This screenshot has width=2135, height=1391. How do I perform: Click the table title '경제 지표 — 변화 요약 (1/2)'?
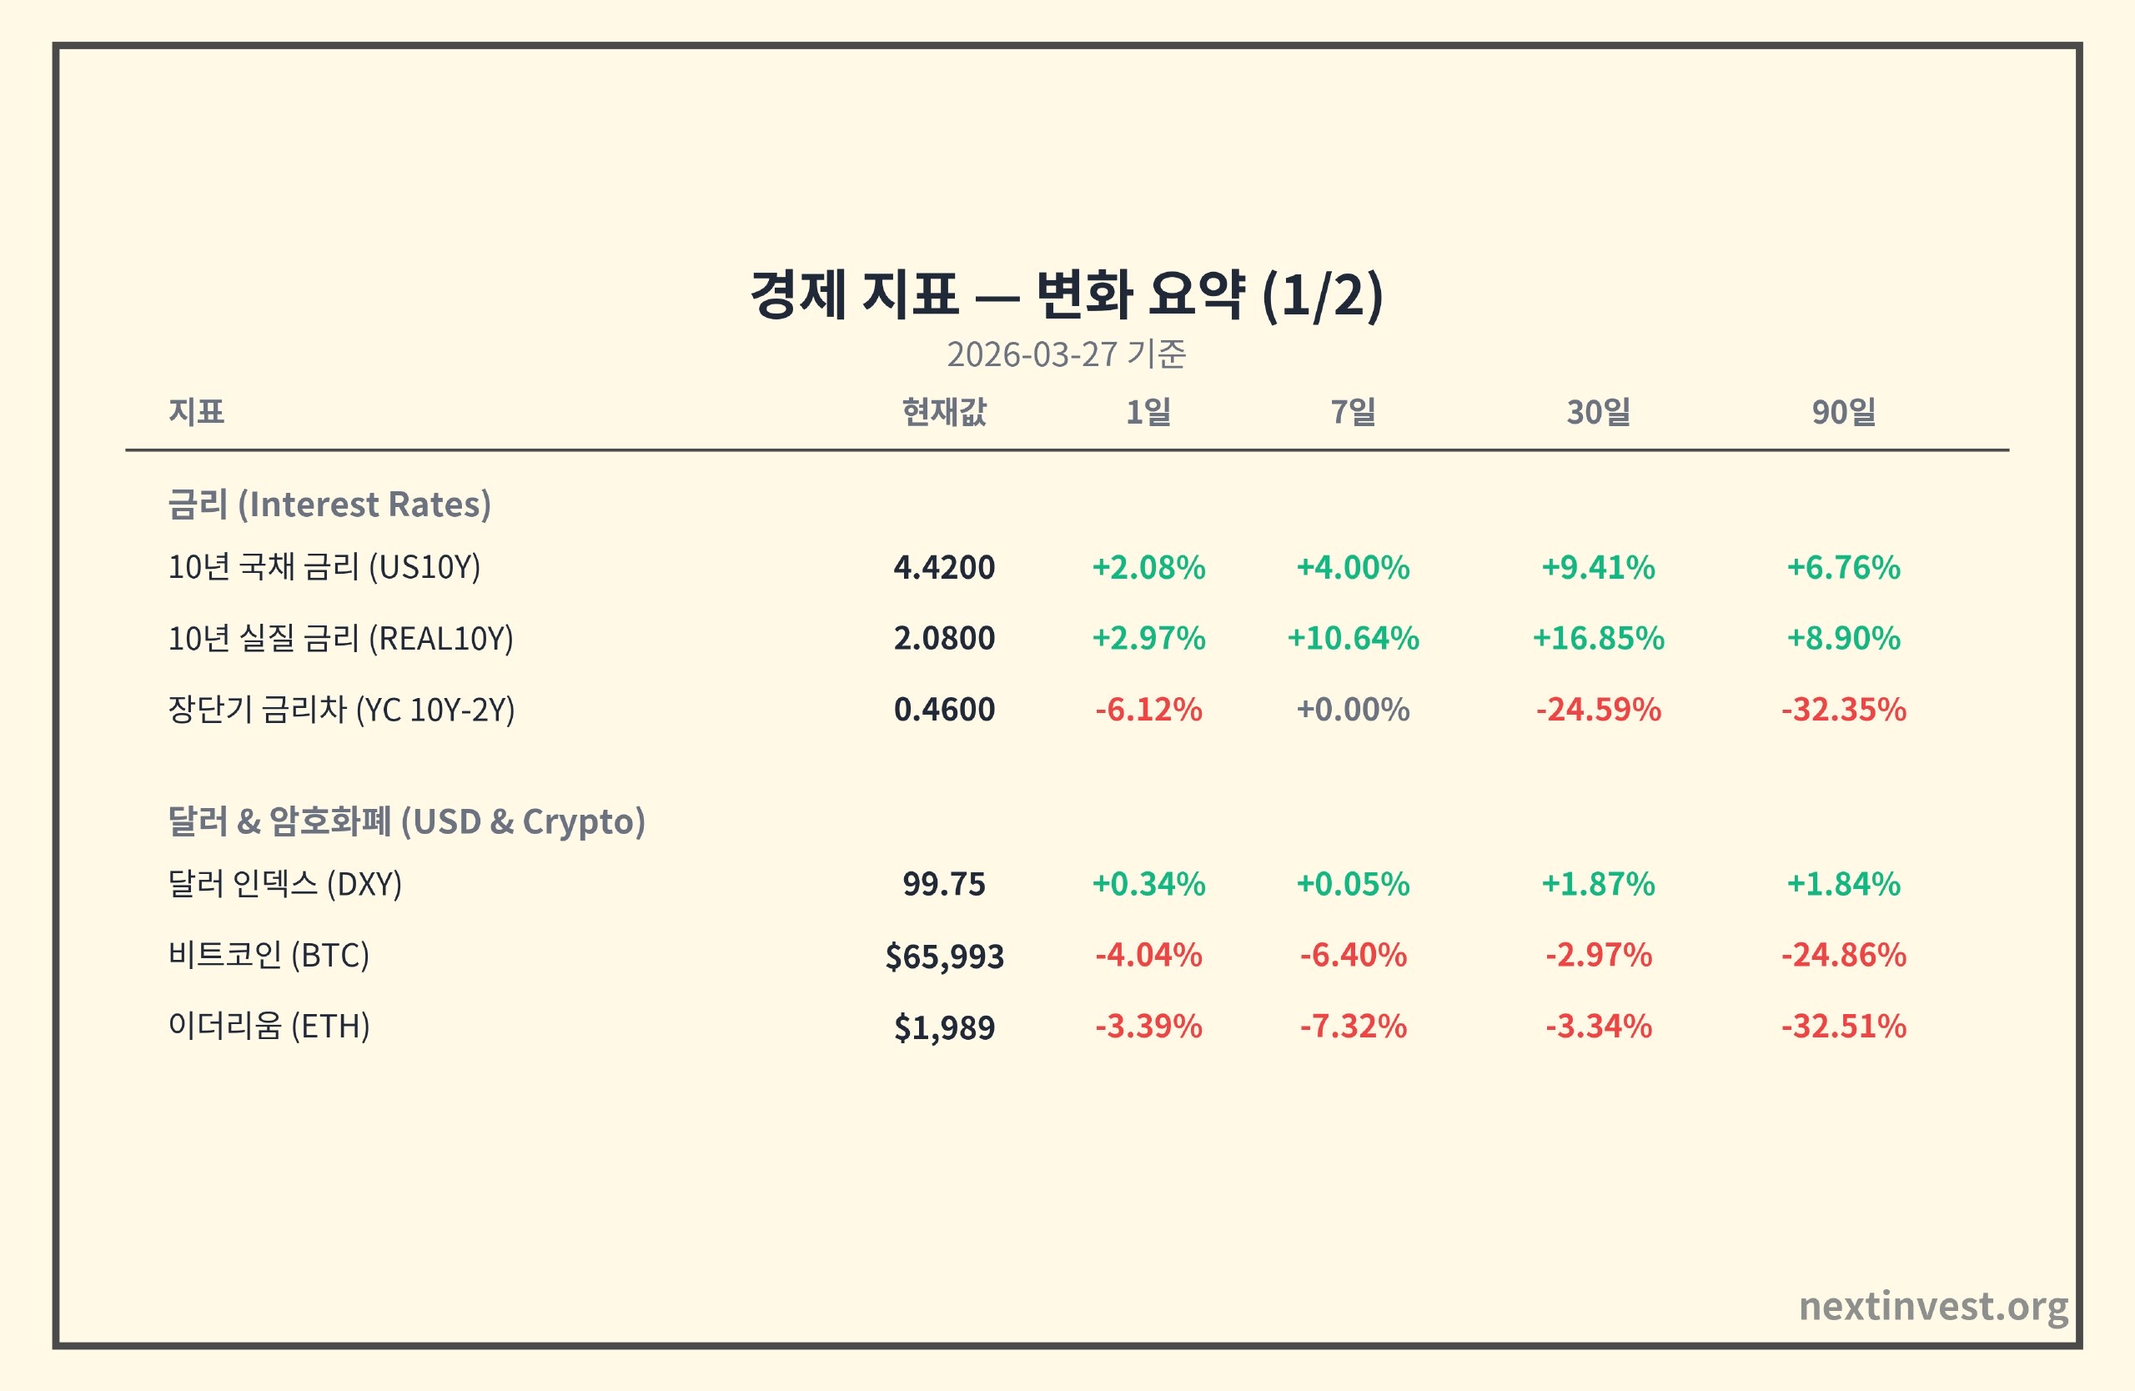(1067, 295)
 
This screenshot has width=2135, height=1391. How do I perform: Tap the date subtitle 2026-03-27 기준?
(1067, 354)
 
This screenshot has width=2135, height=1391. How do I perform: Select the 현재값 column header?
(944, 412)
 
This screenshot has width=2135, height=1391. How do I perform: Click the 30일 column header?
(1598, 412)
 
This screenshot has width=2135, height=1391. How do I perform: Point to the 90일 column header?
(1843, 412)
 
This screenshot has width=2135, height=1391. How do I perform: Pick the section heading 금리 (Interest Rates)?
(329, 504)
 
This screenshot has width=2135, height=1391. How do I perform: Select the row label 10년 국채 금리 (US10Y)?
(324, 567)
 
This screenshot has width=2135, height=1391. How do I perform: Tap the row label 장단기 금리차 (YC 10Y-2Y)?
(341, 710)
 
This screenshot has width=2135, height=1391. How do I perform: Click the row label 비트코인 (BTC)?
(269, 955)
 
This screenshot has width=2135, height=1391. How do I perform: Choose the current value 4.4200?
(944, 567)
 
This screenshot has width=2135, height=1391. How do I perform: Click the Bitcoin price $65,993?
(944, 956)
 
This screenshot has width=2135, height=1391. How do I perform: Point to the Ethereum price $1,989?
(944, 1027)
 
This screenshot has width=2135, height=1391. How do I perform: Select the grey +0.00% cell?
(1353, 710)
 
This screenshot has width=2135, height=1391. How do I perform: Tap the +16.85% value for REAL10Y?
(1598, 638)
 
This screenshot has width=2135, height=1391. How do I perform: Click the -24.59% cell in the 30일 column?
(1598, 710)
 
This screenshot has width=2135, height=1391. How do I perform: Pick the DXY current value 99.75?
(944, 883)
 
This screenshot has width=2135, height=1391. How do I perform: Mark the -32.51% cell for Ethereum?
(1843, 1026)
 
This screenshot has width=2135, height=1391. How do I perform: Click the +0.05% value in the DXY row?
(1353, 883)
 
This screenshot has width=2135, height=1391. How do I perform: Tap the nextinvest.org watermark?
(1933, 1306)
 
